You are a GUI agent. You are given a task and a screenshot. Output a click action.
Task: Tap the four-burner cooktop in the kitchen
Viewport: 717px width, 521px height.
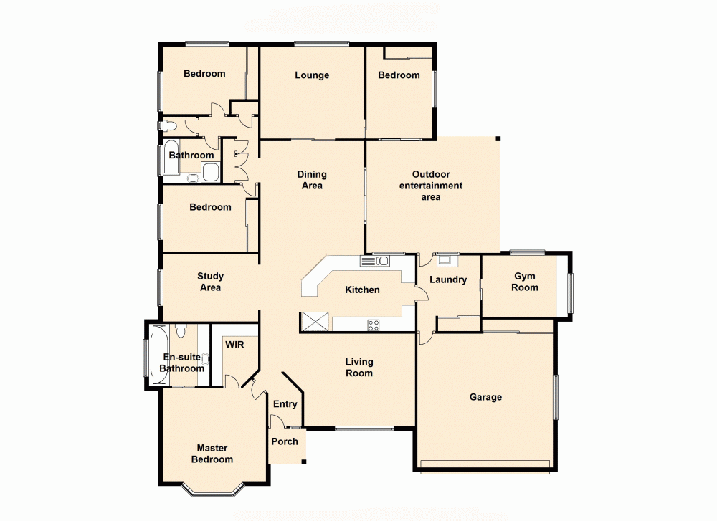coord(374,325)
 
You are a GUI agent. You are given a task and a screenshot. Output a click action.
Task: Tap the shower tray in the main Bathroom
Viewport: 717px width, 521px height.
coord(211,172)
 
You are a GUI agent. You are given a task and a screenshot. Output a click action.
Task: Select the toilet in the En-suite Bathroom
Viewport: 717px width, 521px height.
coord(181,331)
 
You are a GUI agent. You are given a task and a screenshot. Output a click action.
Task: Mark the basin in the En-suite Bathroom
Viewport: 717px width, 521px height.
coord(205,358)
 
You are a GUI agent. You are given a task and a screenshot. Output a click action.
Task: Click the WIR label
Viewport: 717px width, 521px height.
coord(235,345)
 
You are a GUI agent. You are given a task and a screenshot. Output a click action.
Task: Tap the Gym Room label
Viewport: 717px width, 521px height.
coord(525,282)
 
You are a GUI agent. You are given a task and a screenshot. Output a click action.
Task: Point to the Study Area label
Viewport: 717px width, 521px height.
coord(210,282)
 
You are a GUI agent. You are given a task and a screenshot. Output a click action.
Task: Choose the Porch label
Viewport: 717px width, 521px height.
coord(285,441)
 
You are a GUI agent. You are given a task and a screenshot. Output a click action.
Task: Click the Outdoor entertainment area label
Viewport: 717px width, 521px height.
coord(431,186)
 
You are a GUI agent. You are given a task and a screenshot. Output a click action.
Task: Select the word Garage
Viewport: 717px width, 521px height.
coord(485,397)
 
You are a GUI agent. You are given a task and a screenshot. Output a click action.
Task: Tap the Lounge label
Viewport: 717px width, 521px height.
coord(312,75)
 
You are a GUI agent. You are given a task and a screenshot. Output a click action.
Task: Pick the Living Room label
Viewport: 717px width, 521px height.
coord(358,368)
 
